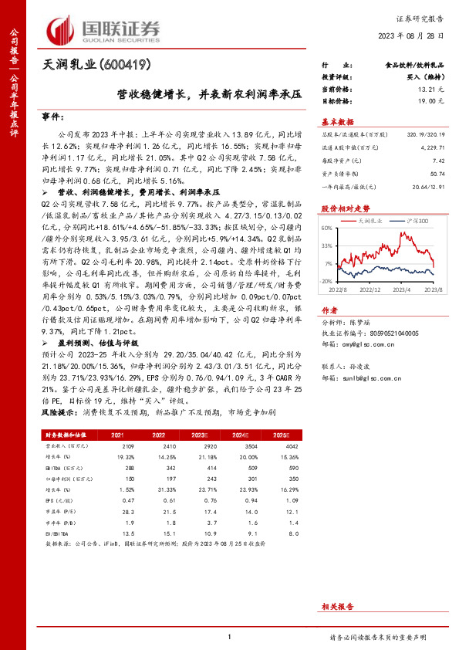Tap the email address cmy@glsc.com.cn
coord(360,344)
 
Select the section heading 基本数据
coord(337,122)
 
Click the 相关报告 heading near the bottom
coord(337,608)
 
